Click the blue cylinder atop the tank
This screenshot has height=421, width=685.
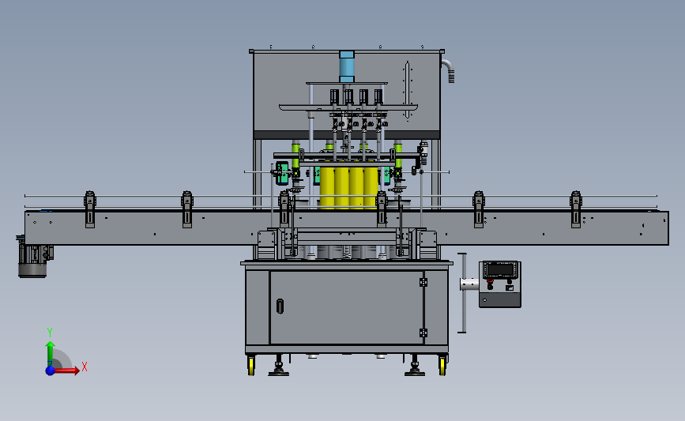[346, 66]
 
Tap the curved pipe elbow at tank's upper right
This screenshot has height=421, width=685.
[448, 70]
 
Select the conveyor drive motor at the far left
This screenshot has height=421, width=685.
[33, 260]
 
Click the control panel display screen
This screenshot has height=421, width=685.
[500, 269]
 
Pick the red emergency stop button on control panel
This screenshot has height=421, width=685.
[490, 281]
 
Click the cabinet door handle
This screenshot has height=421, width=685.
[280, 306]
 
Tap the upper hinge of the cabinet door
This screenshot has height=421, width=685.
[423, 283]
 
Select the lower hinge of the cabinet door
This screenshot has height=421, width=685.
[423, 333]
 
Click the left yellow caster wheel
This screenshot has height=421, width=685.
[251, 366]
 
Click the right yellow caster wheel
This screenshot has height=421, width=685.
[442, 366]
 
